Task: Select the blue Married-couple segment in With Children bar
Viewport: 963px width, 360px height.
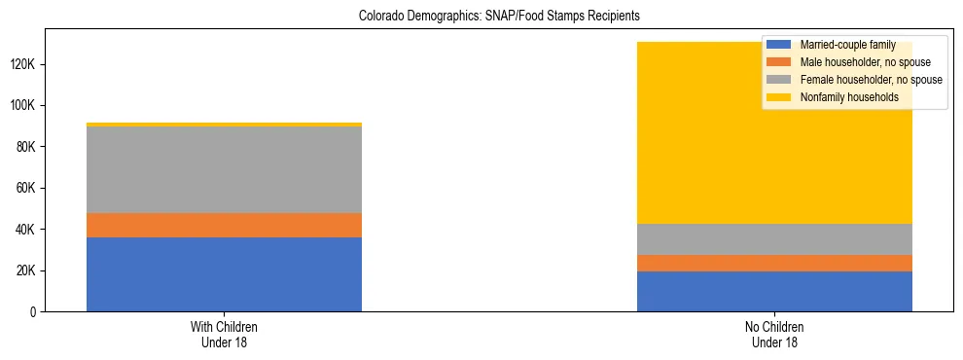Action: pyautogui.click(x=224, y=274)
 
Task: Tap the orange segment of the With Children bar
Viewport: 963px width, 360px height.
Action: pyautogui.click(x=224, y=225)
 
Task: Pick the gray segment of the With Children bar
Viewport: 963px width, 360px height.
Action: pyautogui.click(x=224, y=169)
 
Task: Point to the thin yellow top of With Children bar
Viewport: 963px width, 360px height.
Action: pyautogui.click(x=224, y=125)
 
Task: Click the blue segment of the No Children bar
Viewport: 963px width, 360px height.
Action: pyautogui.click(x=774, y=291)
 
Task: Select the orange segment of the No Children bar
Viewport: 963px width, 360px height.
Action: pyautogui.click(x=774, y=263)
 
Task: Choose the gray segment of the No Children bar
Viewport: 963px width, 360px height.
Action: pyautogui.click(x=774, y=239)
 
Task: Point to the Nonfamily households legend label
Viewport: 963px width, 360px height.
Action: pyautogui.click(x=848, y=97)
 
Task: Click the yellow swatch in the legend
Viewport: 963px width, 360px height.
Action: pyautogui.click(x=780, y=97)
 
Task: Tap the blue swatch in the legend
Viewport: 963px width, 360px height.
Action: pyautogui.click(x=780, y=45)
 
